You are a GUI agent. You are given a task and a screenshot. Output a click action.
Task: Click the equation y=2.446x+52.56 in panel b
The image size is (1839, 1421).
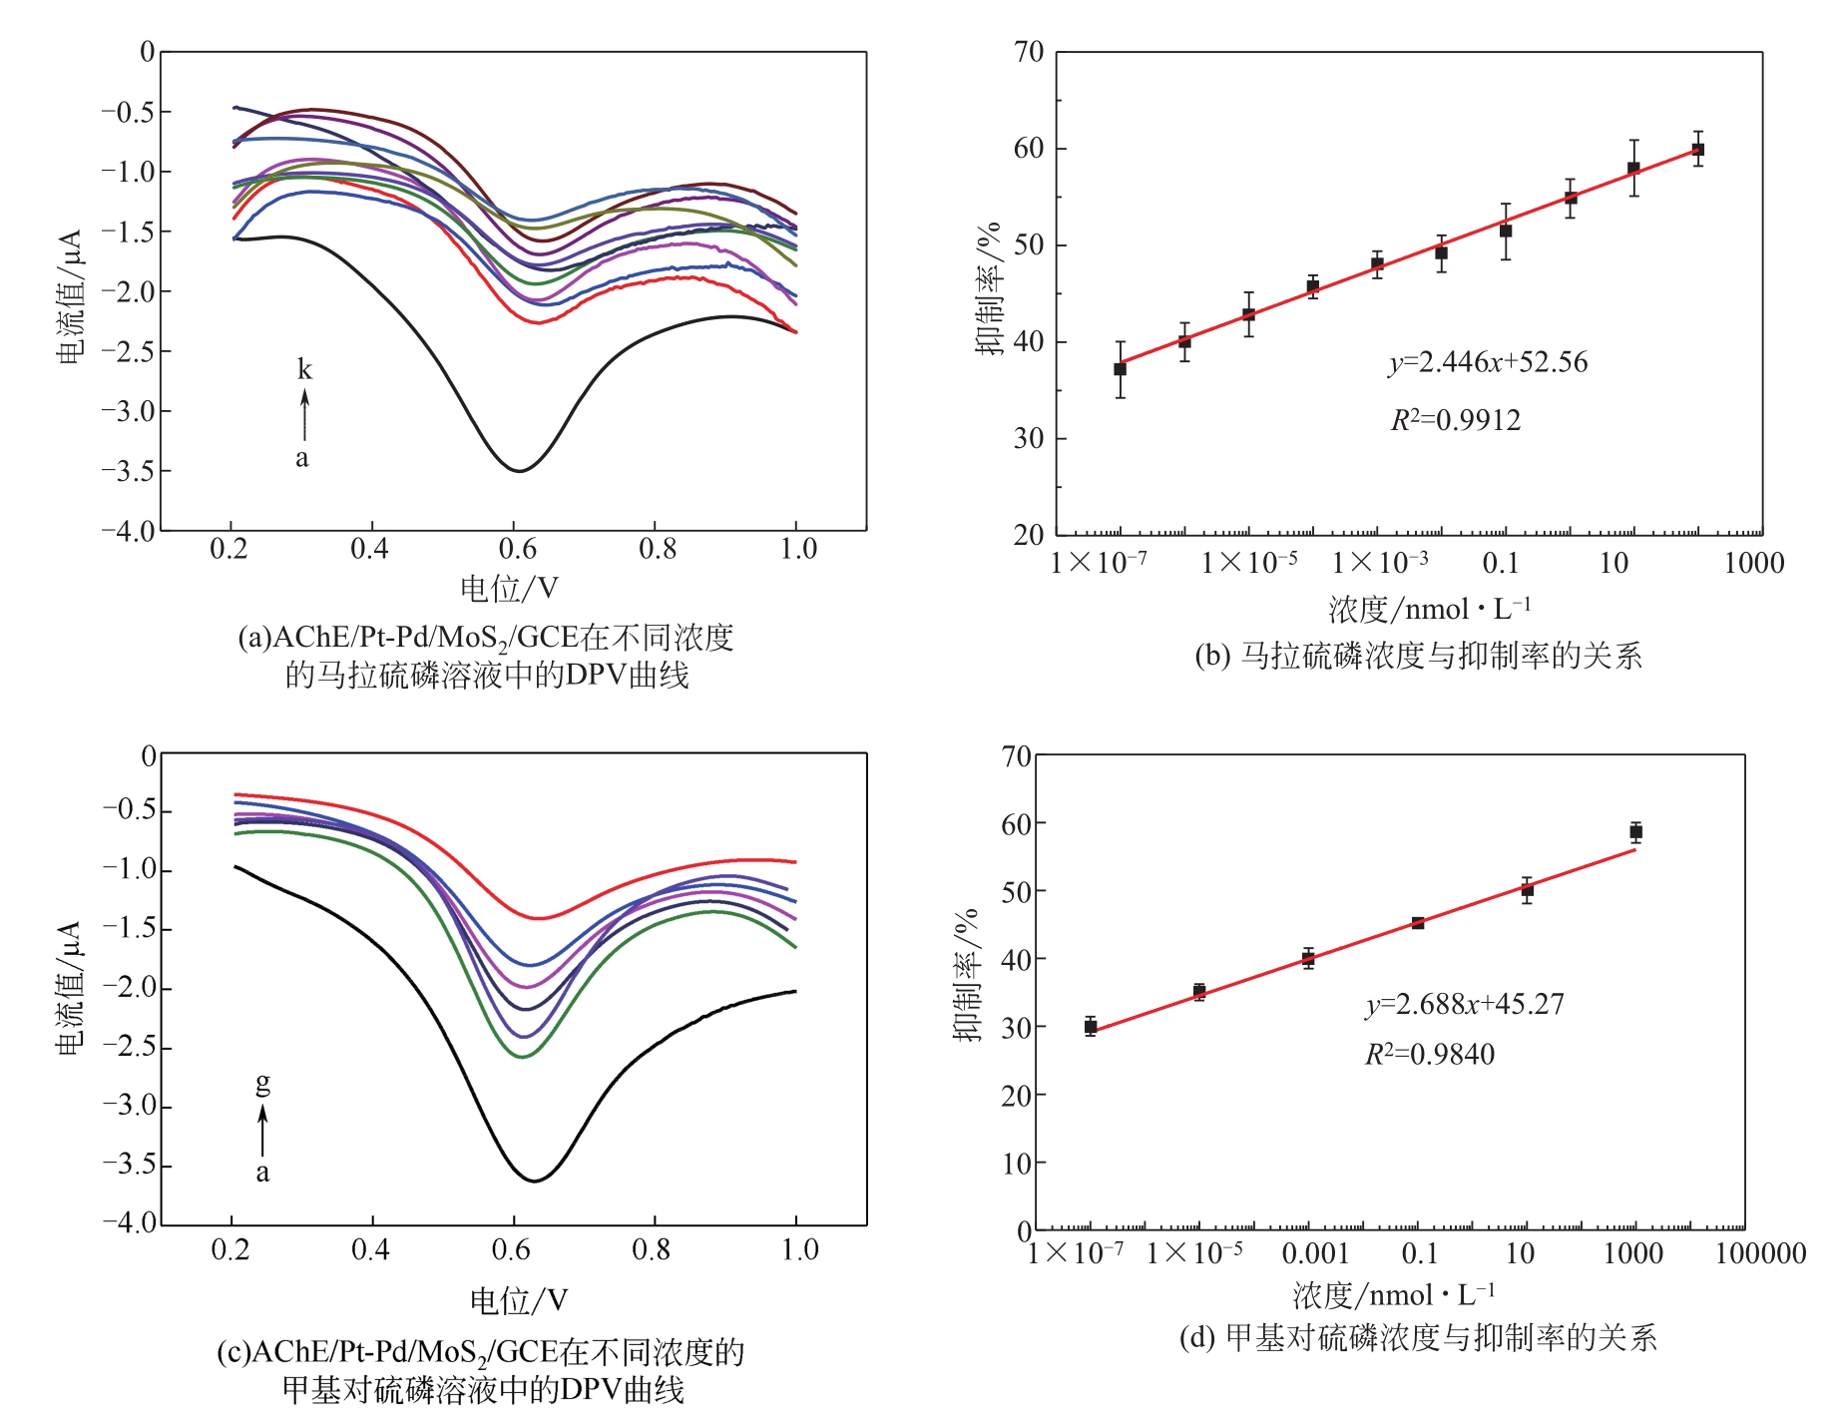coord(1488,362)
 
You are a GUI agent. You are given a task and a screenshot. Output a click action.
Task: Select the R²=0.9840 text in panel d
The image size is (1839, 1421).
coord(1430,1055)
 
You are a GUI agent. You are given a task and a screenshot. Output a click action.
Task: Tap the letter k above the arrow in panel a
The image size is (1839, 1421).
coord(304,369)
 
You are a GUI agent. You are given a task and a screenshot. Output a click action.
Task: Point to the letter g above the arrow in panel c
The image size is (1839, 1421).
coord(262,1083)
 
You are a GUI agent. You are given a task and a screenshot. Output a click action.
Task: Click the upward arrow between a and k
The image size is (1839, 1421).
coord(304,415)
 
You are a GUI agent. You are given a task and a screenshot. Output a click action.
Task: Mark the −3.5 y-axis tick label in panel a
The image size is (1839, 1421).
coord(129,471)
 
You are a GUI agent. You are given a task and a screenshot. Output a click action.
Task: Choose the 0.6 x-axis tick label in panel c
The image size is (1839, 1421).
coord(513,1250)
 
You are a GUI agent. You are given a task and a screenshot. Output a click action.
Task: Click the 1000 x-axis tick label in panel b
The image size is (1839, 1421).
coord(1754,564)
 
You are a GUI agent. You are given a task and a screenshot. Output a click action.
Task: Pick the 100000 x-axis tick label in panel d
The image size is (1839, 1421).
coord(1760,1254)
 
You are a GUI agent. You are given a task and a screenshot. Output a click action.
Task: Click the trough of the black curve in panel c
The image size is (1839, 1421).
coord(535,1181)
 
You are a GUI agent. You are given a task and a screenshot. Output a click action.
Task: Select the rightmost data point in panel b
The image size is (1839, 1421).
coord(1697,150)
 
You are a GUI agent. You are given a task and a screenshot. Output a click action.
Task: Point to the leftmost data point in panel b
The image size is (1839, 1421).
coord(1120,369)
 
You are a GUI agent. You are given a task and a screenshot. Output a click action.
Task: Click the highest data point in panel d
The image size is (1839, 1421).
coord(1635,831)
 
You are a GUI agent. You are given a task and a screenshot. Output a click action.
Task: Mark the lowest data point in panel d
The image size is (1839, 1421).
coord(1091,1026)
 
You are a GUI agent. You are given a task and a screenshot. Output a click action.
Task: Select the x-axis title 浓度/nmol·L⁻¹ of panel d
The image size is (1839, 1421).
coord(1394,1295)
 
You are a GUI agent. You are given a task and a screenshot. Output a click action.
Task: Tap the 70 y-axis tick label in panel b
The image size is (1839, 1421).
coord(1029,53)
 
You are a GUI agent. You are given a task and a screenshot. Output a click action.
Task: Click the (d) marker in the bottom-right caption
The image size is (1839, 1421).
coord(1196,1338)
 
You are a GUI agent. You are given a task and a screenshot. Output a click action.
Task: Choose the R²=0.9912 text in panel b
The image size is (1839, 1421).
coord(1456,420)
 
